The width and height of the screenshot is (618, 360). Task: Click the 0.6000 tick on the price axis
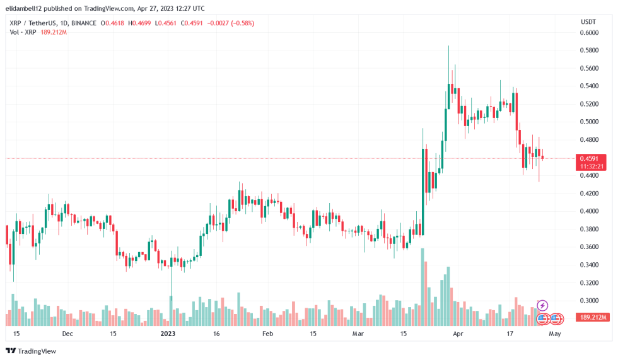click(x=589, y=32)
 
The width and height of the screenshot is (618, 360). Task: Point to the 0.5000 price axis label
click(x=589, y=122)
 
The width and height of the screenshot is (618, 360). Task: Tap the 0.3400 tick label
click(x=589, y=265)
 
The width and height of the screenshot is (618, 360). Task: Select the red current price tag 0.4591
click(x=592, y=158)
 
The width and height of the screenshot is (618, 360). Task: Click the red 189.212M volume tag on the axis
click(x=592, y=318)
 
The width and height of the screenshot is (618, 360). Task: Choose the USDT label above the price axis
click(x=588, y=22)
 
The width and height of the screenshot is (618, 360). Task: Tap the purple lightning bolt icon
click(x=542, y=306)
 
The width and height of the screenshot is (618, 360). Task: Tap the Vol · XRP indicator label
click(x=23, y=32)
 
